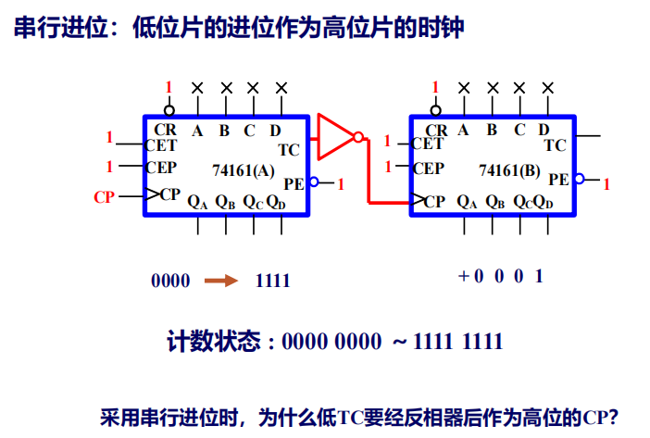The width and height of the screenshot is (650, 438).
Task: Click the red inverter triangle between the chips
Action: (333, 136)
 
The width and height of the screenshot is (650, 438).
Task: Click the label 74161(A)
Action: (244, 169)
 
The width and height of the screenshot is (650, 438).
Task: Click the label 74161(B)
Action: (510, 169)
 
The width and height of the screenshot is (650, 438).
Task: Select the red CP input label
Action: (105, 196)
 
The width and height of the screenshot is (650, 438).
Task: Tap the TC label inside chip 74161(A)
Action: (288, 148)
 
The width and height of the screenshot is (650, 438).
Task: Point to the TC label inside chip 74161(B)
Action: (555, 144)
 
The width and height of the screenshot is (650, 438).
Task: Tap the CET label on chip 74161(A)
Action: (160, 145)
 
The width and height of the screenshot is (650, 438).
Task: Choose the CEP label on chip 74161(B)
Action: (427, 169)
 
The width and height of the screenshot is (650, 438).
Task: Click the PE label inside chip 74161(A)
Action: (294, 182)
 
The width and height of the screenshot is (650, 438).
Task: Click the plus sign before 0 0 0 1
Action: (463, 276)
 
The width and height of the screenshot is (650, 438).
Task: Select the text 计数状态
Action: (213, 342)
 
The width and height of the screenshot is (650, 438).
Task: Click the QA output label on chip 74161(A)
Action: (197, 200)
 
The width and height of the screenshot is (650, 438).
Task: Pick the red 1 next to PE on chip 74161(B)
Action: (606, 185)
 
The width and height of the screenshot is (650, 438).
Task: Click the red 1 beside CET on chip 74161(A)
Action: (108, 138)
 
